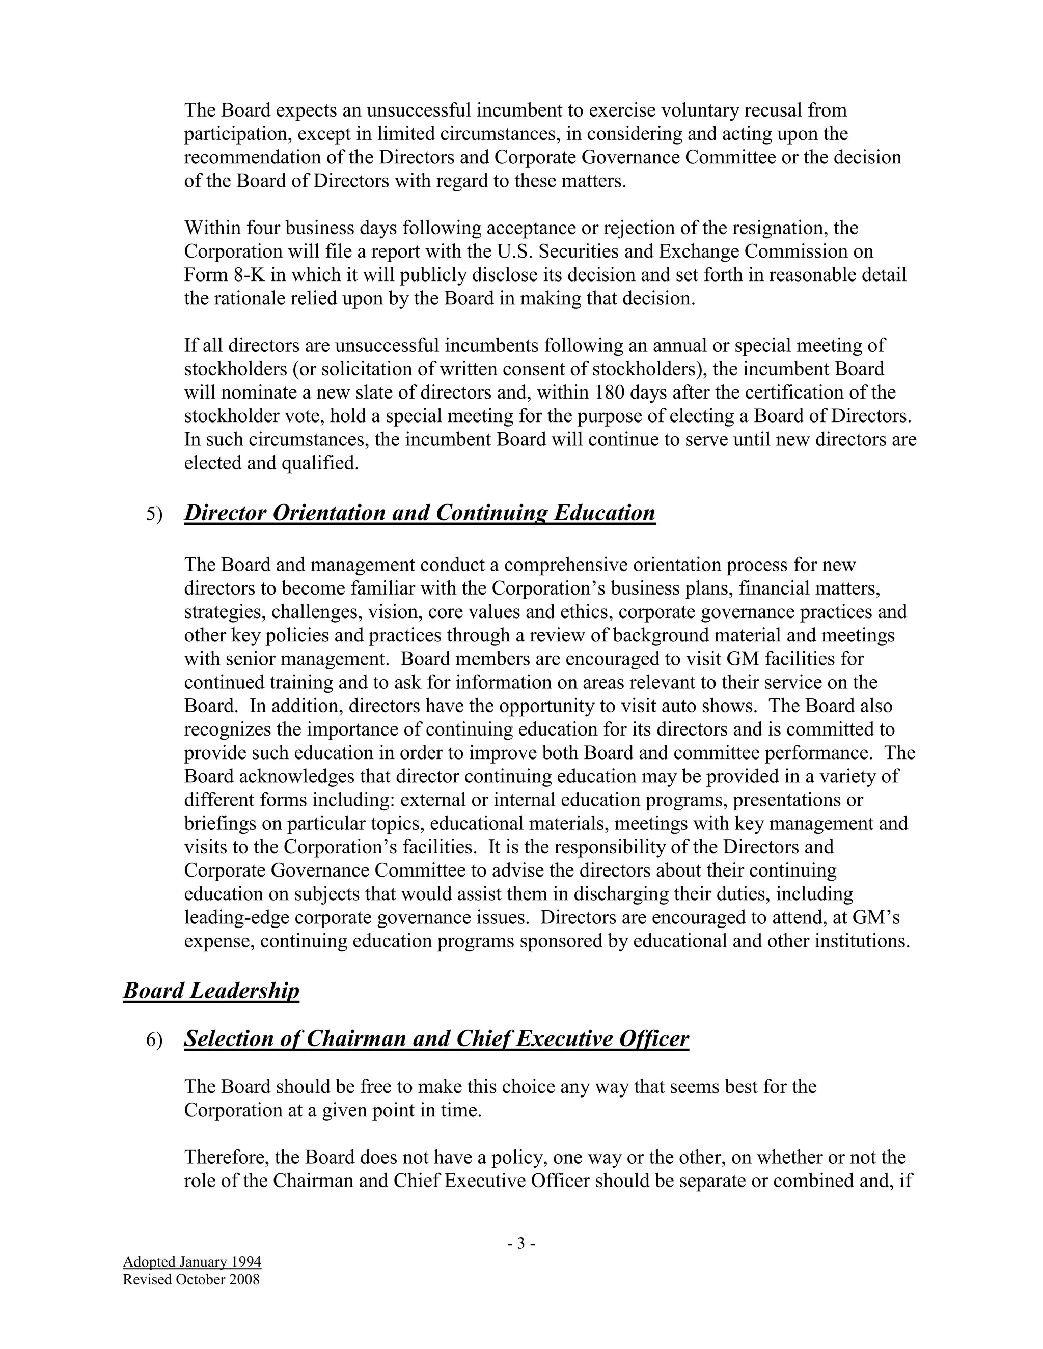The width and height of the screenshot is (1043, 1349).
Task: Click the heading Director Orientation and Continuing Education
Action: (420, 513)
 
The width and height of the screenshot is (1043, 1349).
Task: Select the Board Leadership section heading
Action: (211, 990)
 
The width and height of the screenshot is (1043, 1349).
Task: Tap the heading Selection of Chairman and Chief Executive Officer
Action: (436, 1038)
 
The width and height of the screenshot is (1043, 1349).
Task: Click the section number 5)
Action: (154, 515)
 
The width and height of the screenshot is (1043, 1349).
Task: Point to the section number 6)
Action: (154, 1040)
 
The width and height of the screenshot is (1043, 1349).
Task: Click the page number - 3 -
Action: (521, 1243)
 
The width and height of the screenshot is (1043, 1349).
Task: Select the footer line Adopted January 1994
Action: (192, 1261)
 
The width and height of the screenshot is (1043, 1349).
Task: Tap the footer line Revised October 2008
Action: (191, 1279)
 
